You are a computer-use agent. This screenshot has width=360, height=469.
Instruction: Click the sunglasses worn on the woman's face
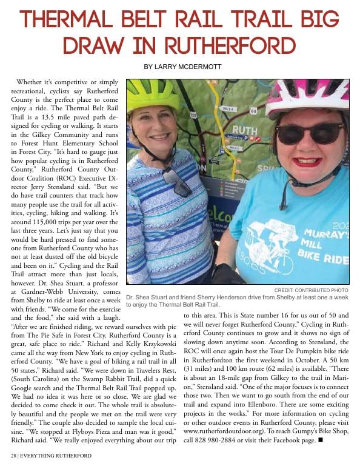310,133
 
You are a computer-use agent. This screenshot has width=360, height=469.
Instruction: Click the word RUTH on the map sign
244,130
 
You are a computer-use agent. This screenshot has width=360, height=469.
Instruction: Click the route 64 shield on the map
253,111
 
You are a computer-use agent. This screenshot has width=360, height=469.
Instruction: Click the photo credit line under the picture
311,290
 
